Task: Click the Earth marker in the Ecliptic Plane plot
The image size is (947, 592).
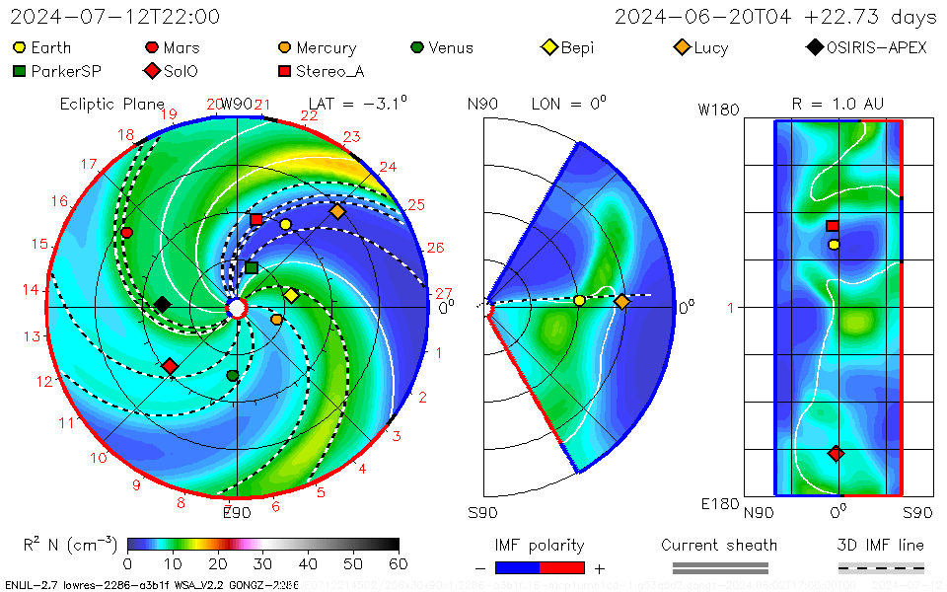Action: [x=286, y=225]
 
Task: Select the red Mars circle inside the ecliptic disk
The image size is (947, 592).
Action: [x=127, y=233]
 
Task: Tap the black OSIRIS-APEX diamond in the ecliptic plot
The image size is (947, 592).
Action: [x=162, y=304]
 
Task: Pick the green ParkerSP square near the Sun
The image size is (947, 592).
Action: [x=252, y=267]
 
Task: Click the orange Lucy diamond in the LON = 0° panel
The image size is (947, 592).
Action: [x=622, y=302]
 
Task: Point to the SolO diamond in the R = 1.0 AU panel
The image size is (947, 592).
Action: [x=837, y=454]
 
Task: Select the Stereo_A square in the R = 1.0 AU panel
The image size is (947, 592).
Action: [x=833, y=226]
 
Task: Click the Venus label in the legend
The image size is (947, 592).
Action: [x=451, y=47]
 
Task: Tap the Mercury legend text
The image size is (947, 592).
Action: [x=326, y=47]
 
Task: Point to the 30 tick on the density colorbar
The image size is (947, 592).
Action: [x=263, y=564]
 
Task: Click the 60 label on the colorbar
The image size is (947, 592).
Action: [x=400, y=564]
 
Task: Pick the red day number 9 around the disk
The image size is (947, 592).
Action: [x=136, y=484]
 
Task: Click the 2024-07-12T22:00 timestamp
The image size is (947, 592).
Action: [x=115, y=17]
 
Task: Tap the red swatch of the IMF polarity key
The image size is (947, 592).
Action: [x=562, y=567]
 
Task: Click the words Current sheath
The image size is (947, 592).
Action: [x=719, y=545]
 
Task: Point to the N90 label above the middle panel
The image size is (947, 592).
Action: [x=482, y=104]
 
